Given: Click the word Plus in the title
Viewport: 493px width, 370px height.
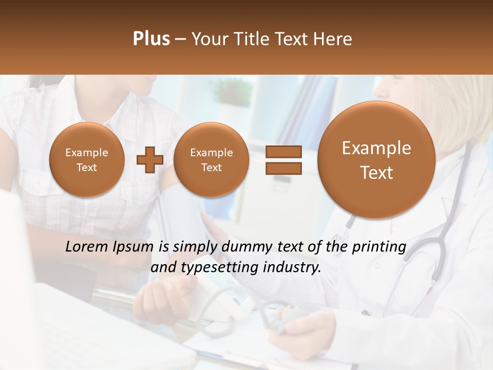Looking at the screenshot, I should [x=151, y=39].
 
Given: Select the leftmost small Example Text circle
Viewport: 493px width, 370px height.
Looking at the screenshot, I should [x=87, y=160].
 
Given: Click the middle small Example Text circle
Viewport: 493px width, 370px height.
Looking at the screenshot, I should [x=211, y=160].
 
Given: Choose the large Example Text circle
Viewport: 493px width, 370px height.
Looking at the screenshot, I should [x=376, y=160].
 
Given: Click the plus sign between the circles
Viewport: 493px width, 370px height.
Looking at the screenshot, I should [x=149, y=160].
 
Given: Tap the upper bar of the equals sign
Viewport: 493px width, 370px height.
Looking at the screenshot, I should [x=283, y=152].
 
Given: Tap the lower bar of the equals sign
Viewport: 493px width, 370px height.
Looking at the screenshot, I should [x=283, y=168].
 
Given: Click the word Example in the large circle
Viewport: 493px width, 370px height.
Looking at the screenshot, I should [x=376, y=148].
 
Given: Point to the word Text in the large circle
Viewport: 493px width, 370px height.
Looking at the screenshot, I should [x=376, y=173].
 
